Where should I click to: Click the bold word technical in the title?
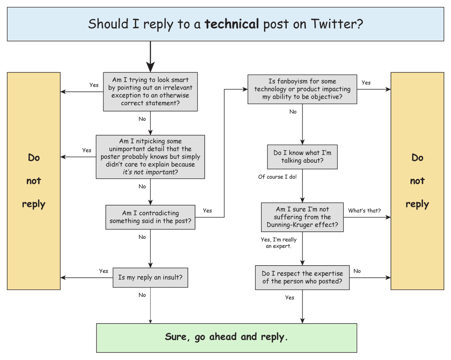coord(232,24)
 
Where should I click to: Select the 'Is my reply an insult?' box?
coord(150,278)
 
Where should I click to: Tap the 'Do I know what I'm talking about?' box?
coord(302,157)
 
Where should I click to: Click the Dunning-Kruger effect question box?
coord(302,217)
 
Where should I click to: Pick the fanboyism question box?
coord(302,89)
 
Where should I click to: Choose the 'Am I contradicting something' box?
coord(150,217)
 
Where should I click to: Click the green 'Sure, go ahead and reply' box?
coord(226,337)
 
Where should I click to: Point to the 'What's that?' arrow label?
coord(364,211)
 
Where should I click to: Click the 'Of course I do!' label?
coord(277,177)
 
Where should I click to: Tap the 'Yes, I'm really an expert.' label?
coord(278,243)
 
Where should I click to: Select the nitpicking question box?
coord(150,157)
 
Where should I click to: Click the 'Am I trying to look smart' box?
coord(150,91)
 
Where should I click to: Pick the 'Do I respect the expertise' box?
coord(302,278)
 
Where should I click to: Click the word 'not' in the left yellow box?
coord(33,181)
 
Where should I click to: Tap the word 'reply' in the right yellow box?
coord(417,204)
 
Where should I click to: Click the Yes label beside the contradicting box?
coord(207,211)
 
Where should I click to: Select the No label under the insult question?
coord(142,295)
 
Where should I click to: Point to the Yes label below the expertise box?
coord(289,298)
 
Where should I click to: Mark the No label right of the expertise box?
coord(357,271)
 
